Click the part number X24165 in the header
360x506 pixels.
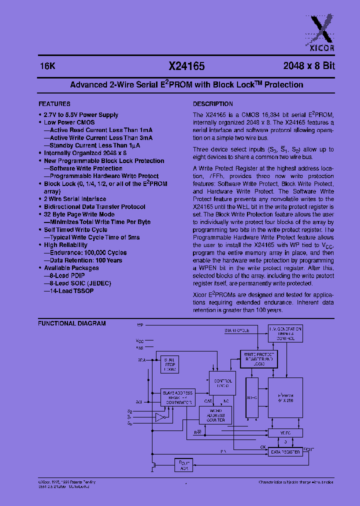(186, 66)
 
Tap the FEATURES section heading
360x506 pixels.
(54, 104)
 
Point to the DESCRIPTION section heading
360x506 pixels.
(213, 104)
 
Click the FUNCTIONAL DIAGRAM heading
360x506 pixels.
(72, 323)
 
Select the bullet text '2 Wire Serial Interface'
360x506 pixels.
(75, 199)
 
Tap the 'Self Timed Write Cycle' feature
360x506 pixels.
(75, 229)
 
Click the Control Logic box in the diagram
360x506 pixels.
(221, 383)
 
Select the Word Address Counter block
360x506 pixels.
(215, 415)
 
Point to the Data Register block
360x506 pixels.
(285, 451)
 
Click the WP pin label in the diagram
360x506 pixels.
(140, 325)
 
